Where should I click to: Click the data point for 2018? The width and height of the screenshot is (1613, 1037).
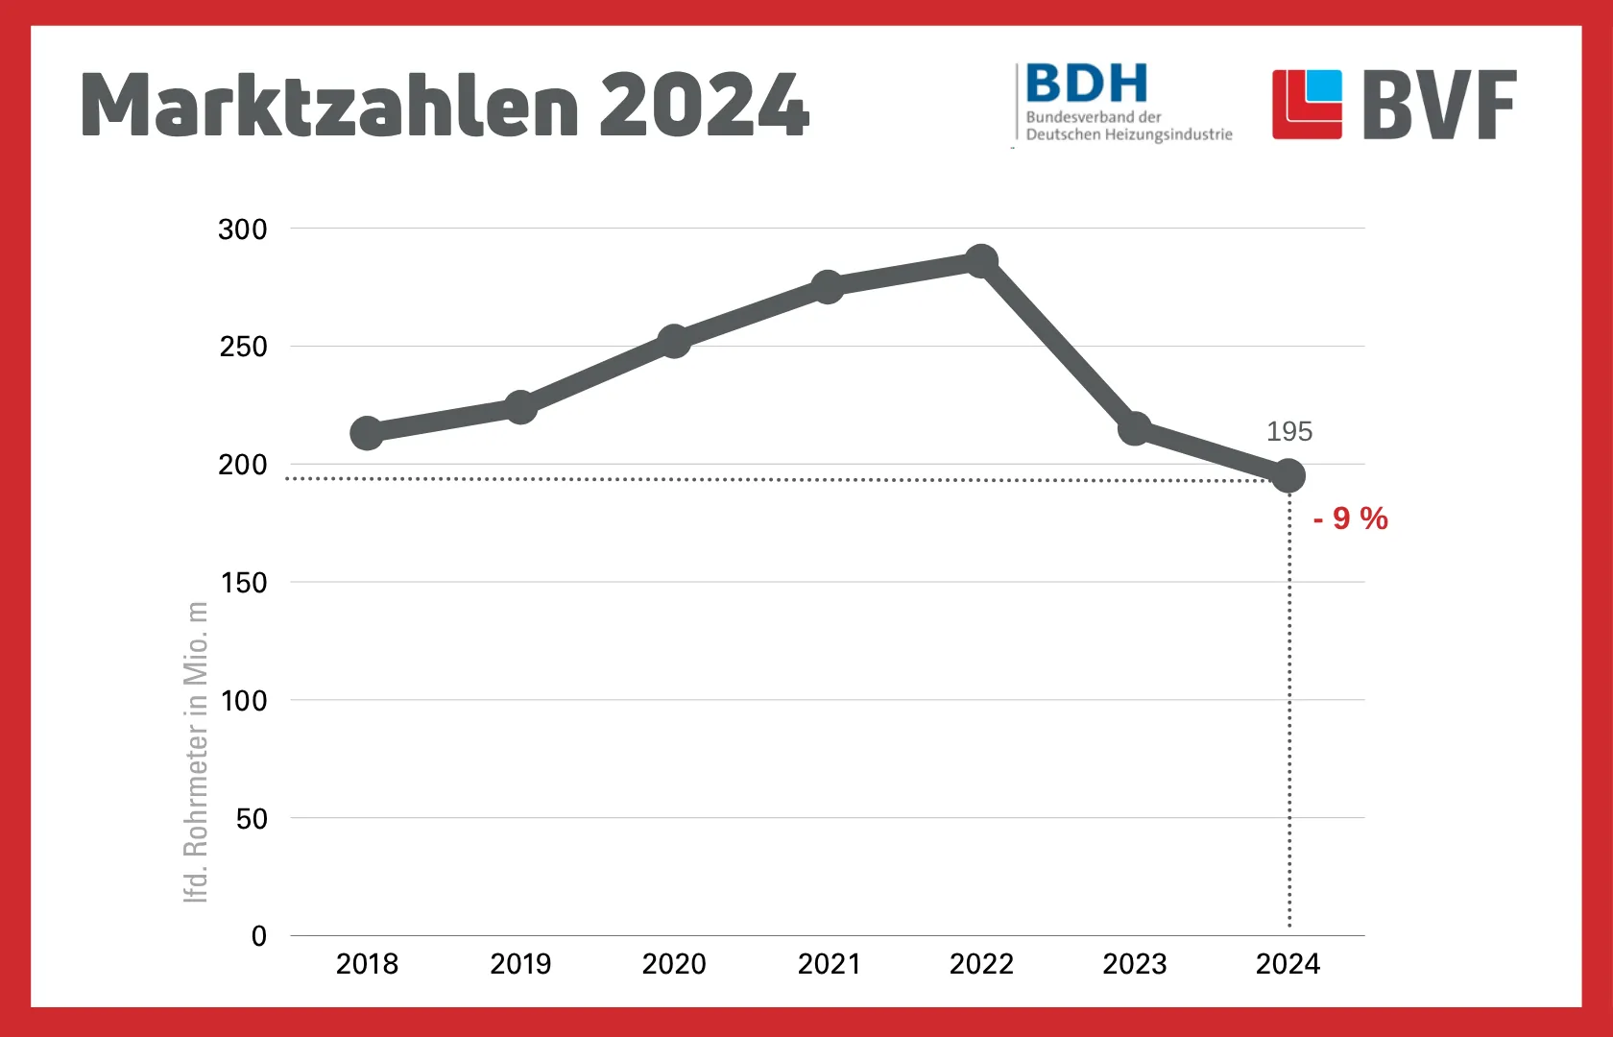click(367, 433)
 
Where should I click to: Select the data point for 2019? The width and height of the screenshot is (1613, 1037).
click(520, 407)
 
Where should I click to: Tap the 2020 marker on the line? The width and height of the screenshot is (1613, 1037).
click(674, 341)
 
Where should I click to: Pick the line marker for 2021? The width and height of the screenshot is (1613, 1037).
click(828, 286)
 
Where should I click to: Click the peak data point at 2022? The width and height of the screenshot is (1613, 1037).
click(981, 260)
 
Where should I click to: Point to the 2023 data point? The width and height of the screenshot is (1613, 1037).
click(1135, 428)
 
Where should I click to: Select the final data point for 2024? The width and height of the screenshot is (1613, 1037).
click(1288, 475)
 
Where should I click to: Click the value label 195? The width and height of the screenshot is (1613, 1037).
click(1288, 432)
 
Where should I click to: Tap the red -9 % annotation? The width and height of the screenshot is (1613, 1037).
click(1350, 518)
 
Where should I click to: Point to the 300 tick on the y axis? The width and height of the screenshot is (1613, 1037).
click(242, 229)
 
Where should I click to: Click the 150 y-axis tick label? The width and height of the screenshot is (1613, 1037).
click(243, 583)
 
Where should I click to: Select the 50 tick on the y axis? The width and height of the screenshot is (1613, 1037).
click(252, 819)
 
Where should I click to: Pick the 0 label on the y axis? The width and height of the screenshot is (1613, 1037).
click(258, 936)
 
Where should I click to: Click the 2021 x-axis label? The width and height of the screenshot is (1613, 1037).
click(829, 964)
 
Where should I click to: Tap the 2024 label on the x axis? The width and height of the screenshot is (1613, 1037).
click(1288, 964)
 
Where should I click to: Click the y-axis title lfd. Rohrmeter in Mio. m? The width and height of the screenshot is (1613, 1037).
click(196, 752)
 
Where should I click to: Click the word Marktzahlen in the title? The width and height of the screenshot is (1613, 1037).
click(329, 106)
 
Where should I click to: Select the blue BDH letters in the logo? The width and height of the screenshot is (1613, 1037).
click(1086, 84)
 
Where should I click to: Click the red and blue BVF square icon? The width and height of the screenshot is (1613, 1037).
click(1307, 105)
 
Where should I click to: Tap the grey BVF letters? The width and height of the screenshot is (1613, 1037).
click(1439, 105)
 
